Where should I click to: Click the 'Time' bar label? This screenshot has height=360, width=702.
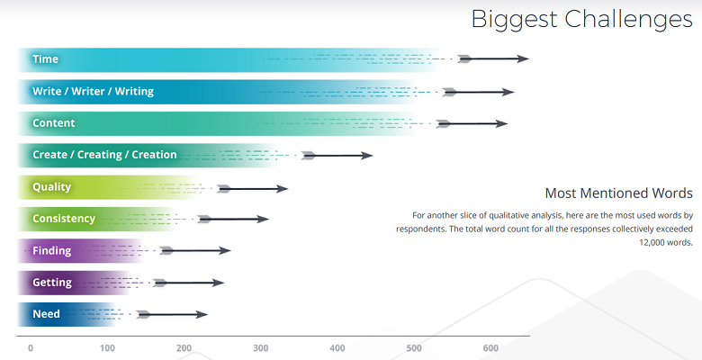pos(45,59)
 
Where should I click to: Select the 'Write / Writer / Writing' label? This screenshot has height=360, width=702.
pos(93,91)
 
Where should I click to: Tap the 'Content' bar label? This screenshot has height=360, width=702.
pos(53,123)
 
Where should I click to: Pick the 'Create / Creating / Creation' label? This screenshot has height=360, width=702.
pos(104,155)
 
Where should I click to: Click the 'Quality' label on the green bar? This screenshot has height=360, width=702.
pos(51,187)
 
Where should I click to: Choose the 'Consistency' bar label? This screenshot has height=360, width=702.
pos(63,219)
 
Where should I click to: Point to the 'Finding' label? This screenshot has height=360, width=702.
pos(52,250)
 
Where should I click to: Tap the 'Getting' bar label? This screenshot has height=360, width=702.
pos(51,283)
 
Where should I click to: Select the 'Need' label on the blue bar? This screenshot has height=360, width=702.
pos(46,314)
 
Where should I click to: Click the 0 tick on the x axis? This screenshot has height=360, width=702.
pos(31,348)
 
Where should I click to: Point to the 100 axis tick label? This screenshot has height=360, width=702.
pos(107,348)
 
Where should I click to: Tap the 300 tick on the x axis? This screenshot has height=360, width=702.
pos(261,348)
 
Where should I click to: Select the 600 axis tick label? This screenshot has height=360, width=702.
pos(490,348)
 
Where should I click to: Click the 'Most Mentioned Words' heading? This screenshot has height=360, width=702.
pos(618,193)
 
